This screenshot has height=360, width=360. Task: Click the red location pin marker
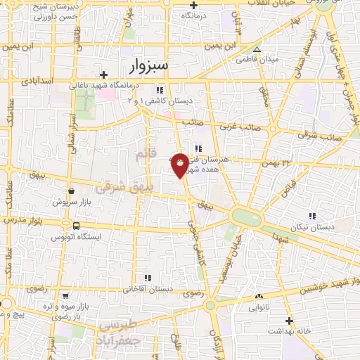click(180, 164)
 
